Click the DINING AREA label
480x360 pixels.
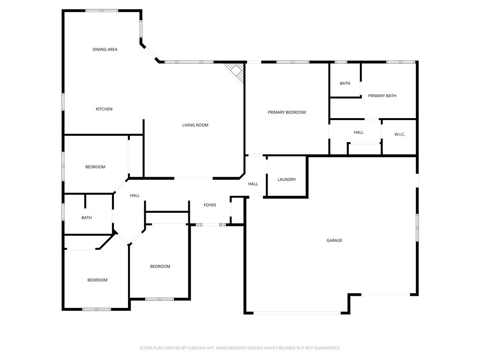click(105, 49)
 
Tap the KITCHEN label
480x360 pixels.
click(104, 109)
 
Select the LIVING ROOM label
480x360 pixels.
click(195, 125)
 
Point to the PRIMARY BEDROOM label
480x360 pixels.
click(286, 112)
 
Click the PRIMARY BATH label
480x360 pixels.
click(382, 96)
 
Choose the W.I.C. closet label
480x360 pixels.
click(399, 135)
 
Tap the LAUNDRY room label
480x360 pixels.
click(286, 180)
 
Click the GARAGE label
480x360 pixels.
click(334, 240)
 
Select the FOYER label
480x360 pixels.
click(210, 205)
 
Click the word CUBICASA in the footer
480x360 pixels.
click(191, 348)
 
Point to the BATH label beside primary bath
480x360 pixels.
click(345, 83)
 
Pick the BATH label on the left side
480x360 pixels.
click(86, 218)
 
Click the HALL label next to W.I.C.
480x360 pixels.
click(359, 133)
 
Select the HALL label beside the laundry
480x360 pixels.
click(253, 184)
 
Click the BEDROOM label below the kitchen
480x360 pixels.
click(95, 167)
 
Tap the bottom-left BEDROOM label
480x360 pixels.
click(97, 280)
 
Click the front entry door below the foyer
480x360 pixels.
click(210, 225)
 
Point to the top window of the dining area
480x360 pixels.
click(102, 10)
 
